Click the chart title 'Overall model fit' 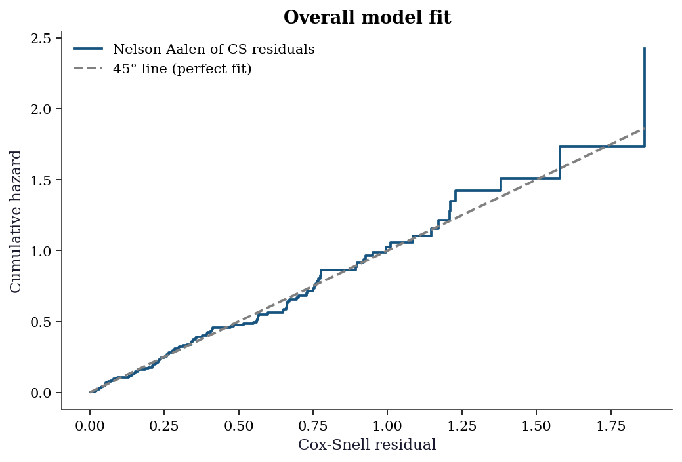[367, 18]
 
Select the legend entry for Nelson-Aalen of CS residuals [194, 48]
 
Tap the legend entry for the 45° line [162, 69]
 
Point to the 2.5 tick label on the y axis [41, 38]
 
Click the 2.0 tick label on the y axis [41, 109]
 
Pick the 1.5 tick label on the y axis [41, 180]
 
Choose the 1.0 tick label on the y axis [41, 251]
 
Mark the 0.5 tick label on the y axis [41, 322]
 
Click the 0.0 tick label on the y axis [41, 393]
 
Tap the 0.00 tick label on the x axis [90, 426]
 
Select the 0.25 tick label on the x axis [164, 426]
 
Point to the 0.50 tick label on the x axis [238, 426]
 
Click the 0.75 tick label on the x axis [312, 426]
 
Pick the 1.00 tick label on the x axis [387, 426]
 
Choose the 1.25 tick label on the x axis [461, 426]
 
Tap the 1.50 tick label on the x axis [536, 426]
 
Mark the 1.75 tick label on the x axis [610, 426]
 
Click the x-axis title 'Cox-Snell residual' [367, 444]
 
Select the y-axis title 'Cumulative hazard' [15, 221]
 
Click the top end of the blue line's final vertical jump [644, 48]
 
